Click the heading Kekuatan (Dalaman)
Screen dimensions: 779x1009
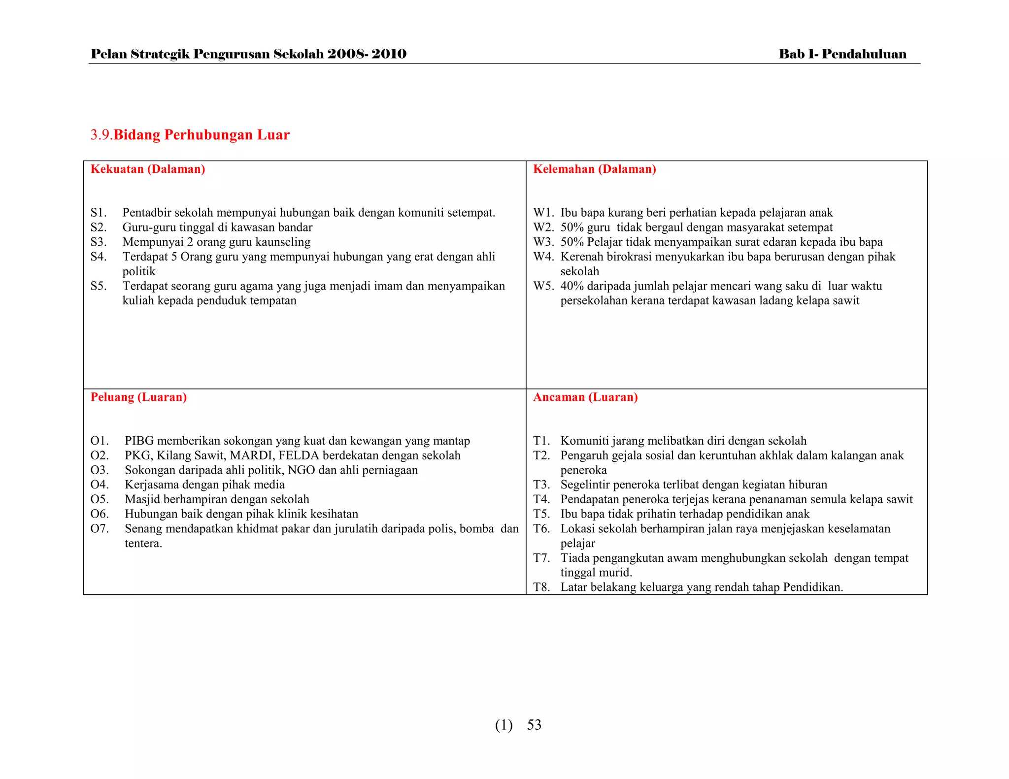148,169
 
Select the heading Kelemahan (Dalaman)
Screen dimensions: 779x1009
594,169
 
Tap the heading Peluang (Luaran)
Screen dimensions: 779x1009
138,397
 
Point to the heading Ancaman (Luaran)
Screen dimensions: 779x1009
585,397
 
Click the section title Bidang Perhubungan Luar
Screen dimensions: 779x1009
202,135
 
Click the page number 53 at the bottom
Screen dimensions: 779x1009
534,725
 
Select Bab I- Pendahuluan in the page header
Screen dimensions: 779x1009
842,54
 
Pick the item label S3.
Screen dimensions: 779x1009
99,242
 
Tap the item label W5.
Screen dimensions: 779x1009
543,286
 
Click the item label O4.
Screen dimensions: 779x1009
100,485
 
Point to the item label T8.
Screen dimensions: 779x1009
541,587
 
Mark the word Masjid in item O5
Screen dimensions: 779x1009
142,499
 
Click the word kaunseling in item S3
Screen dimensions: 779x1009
282,242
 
